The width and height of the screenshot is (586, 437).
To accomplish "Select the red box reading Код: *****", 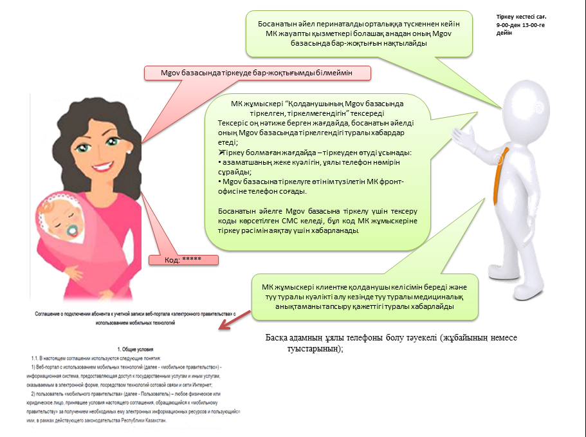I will point(183,260).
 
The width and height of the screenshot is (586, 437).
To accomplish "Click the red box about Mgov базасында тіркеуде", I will point(258,73).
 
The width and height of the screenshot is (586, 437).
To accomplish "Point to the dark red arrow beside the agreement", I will point(230,320).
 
